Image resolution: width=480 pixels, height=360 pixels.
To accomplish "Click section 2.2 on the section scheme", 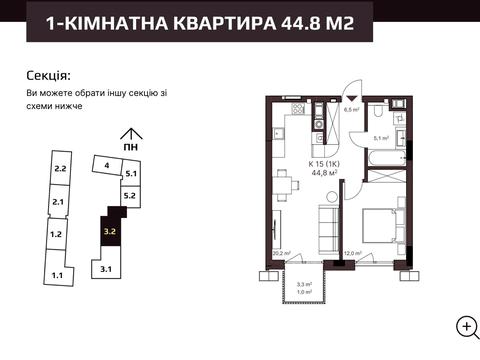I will pos(60,169).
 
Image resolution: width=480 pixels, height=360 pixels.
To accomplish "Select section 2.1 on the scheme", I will pos(58,203).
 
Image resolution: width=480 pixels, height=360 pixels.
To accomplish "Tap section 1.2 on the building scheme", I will pos(57,234).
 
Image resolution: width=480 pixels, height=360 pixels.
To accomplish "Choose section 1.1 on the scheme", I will pos(58,273).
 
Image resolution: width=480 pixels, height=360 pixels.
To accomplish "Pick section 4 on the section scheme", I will pos(106,164).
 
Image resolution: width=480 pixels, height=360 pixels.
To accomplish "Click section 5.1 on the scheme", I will pos(129,175).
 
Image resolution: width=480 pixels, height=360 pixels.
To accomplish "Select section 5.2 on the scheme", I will pos(129,196).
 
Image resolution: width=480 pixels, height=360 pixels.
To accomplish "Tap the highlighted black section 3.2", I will pos(110,232).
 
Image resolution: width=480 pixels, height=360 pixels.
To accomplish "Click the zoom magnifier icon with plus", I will pos(465,326).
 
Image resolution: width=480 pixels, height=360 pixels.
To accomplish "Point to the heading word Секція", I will pos(48,75).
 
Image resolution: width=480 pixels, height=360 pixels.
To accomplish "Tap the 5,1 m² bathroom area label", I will pos(380,139).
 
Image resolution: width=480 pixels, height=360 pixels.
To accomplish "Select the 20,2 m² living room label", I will pos(280,254).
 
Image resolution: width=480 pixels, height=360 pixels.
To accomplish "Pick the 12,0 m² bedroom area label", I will pos(351,254).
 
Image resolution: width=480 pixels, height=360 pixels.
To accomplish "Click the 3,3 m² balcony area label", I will pos(304,284).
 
